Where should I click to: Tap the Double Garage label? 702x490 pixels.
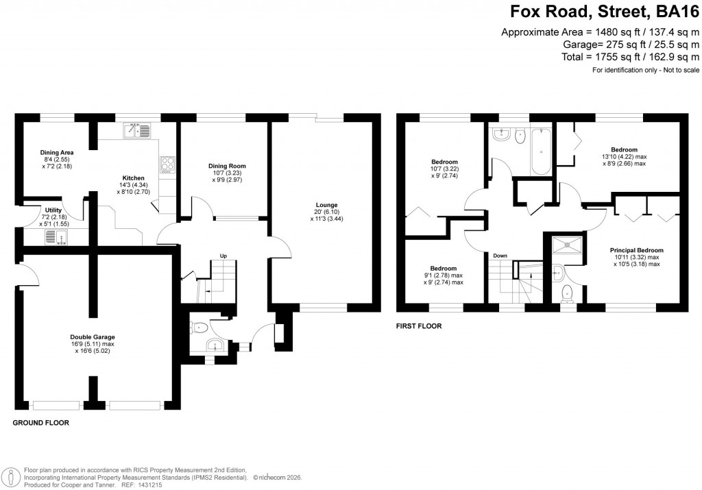(x=93, y=337)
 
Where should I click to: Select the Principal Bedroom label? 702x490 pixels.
(x=637, y=251)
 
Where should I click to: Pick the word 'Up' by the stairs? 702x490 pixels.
(x=223, y=256)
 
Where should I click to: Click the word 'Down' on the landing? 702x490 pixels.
(x=500, y=256)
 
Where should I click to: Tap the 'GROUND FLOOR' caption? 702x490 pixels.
(x=41, y=423)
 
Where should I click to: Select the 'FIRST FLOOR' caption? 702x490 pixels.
(x=419, y=326)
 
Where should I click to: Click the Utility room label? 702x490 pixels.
(x=53, y=210)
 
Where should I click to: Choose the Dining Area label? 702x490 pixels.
(x=58, y=152)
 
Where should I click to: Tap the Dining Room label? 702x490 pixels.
(x=227, y=166)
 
